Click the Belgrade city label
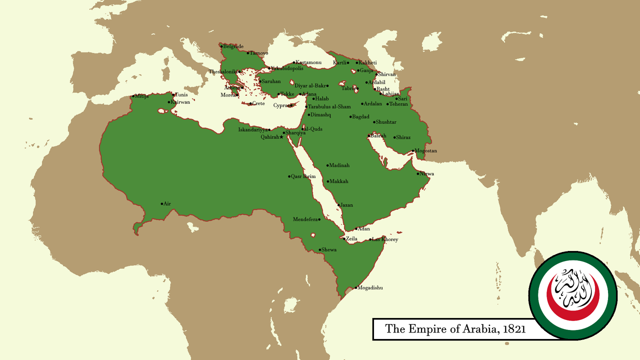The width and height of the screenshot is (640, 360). point(233,46)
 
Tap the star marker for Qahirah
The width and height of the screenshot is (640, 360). point(281,137)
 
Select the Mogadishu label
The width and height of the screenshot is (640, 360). point(370,288)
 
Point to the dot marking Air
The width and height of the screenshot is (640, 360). point(162,204)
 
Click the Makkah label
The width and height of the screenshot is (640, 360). point(339,181)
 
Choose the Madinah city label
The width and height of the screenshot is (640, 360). point(339,165)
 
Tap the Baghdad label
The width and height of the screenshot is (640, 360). point(361,117)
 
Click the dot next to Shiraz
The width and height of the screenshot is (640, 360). point(395,137)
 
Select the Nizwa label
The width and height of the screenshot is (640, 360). point(427,174)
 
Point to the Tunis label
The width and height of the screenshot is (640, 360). point(181,94)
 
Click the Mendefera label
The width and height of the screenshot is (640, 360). point(305,219)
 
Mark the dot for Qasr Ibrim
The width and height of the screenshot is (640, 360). point(289,176)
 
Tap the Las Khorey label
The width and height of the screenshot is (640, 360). point(385,240)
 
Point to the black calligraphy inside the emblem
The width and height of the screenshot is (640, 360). point(572,288)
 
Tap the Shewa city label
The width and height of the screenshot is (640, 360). point(329,250)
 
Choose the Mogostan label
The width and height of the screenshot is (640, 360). point(426,151)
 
